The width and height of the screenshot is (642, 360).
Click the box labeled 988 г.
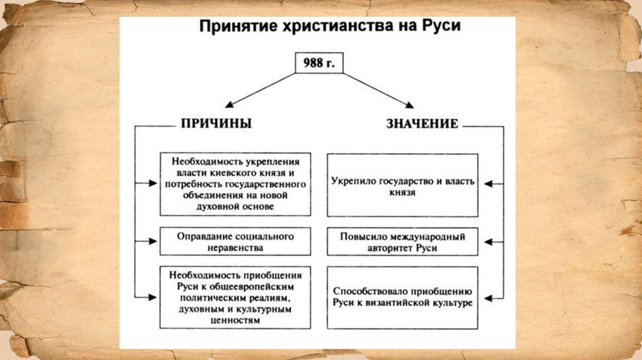320,63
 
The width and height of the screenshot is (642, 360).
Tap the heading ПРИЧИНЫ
216,124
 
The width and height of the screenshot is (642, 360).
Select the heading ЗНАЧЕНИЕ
422,124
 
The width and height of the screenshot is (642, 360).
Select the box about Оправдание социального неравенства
235,241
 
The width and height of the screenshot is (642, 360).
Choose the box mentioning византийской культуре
402,297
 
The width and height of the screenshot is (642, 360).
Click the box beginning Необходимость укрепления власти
235,183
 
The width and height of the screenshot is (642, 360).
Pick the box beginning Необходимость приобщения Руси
235,297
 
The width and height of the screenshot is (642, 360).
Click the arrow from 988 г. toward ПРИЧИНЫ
260,89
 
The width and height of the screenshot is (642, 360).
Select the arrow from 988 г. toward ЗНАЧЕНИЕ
377,89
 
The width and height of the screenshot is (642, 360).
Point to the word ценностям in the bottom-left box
235,320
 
